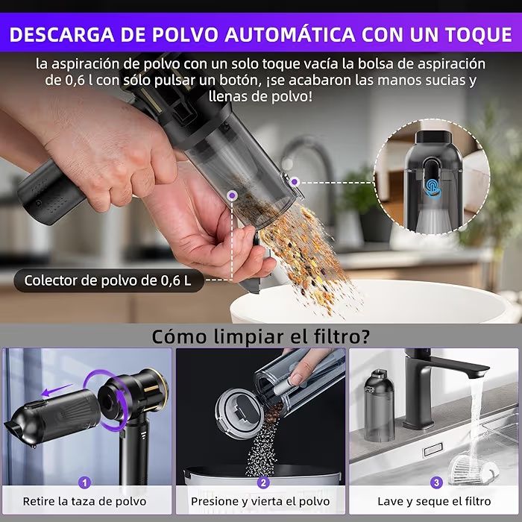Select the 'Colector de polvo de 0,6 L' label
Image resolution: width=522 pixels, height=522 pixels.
click(108, 280)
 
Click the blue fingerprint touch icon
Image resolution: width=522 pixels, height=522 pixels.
click(433, 188)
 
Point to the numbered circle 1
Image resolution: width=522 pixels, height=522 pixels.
click(84, 482)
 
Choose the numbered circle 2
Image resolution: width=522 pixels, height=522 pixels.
click(263, 482)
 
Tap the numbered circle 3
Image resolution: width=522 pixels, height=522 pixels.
click(436, 482)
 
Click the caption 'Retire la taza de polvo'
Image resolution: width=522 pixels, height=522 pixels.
click(84, 501)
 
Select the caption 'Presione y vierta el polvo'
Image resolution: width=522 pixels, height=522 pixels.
click(260, 501)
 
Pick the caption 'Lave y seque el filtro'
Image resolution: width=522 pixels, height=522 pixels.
click(434, 501)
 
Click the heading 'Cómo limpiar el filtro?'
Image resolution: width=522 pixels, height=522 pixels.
click(260, 336)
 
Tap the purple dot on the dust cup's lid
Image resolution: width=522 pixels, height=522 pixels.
click(295, 182)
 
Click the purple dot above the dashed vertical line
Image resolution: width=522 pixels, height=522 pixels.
click(232, 195)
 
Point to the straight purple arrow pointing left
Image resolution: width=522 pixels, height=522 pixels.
click(57, 390)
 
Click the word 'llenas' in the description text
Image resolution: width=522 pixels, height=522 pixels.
click(226, 96)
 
